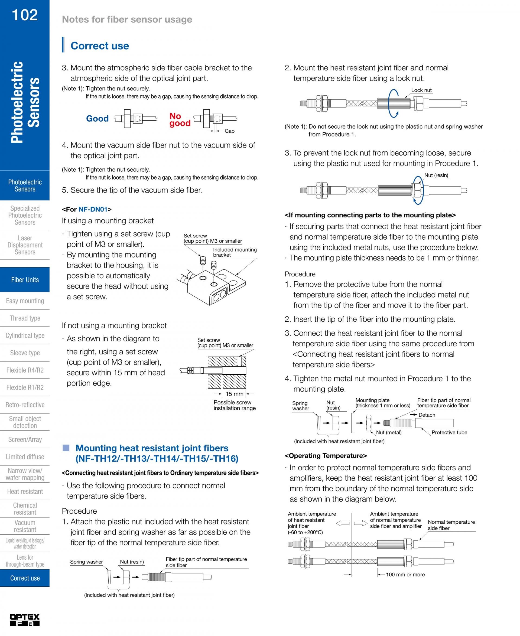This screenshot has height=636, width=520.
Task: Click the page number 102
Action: tap(25, 15)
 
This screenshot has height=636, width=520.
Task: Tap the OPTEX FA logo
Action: tap(25, 620)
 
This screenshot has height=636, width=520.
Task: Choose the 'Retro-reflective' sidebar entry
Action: tap(25, 405)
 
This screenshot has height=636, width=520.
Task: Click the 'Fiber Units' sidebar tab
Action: tap(25, 280)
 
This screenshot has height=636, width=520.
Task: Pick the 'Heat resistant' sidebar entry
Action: tap(25, 491)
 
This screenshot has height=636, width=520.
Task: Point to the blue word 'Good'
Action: tap(97, 119)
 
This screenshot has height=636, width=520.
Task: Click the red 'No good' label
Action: tap(180, 119)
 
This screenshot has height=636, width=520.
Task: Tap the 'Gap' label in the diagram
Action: tap(229, 131)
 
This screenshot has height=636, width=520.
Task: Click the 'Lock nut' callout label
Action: tap(421, 90)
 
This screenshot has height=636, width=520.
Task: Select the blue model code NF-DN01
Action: tap(93, 209)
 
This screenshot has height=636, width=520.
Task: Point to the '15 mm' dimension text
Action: tap(234, 394)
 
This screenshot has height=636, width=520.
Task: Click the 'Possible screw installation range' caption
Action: tap(234, 405)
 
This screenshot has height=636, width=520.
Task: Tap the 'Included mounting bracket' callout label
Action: tap(235, 252)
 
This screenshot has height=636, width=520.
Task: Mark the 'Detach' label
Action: tap(427, 415)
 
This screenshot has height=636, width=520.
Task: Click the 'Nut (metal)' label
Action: tap(388, 432)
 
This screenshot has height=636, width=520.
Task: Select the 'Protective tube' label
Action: tap(449, 432)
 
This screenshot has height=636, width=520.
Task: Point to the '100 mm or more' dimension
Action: tap(405, 574)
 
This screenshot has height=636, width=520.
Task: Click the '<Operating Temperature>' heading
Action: tap(326, 456)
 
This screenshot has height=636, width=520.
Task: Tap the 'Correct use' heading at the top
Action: tap(100, 46)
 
